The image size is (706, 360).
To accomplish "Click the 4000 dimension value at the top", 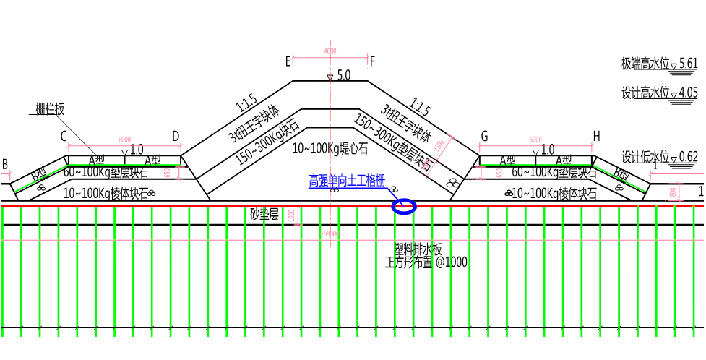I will [330, 51].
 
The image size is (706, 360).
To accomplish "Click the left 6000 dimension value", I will [124, 140].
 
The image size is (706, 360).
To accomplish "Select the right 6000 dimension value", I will [535, 140].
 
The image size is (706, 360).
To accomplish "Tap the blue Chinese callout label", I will [346, 181].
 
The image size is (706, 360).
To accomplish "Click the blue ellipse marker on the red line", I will [404, 207].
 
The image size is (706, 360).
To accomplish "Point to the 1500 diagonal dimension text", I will [439, 145].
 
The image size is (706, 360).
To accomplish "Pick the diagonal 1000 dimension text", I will [426, 166].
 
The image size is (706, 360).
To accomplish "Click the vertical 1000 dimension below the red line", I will [292, 215].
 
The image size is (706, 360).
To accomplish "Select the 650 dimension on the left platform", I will [168, 173].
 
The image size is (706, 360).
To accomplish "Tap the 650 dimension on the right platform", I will [499, 173].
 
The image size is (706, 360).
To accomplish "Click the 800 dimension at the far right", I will [673, 192].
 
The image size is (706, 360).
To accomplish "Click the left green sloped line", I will [40, 179].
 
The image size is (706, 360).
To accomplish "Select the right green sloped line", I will [619, 179].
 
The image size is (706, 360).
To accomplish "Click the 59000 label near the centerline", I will [330, 233].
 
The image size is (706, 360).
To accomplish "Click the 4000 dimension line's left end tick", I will [292, 59].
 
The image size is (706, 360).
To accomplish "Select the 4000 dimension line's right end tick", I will [369, 59].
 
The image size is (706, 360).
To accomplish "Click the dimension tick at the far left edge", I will [9, 174].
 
